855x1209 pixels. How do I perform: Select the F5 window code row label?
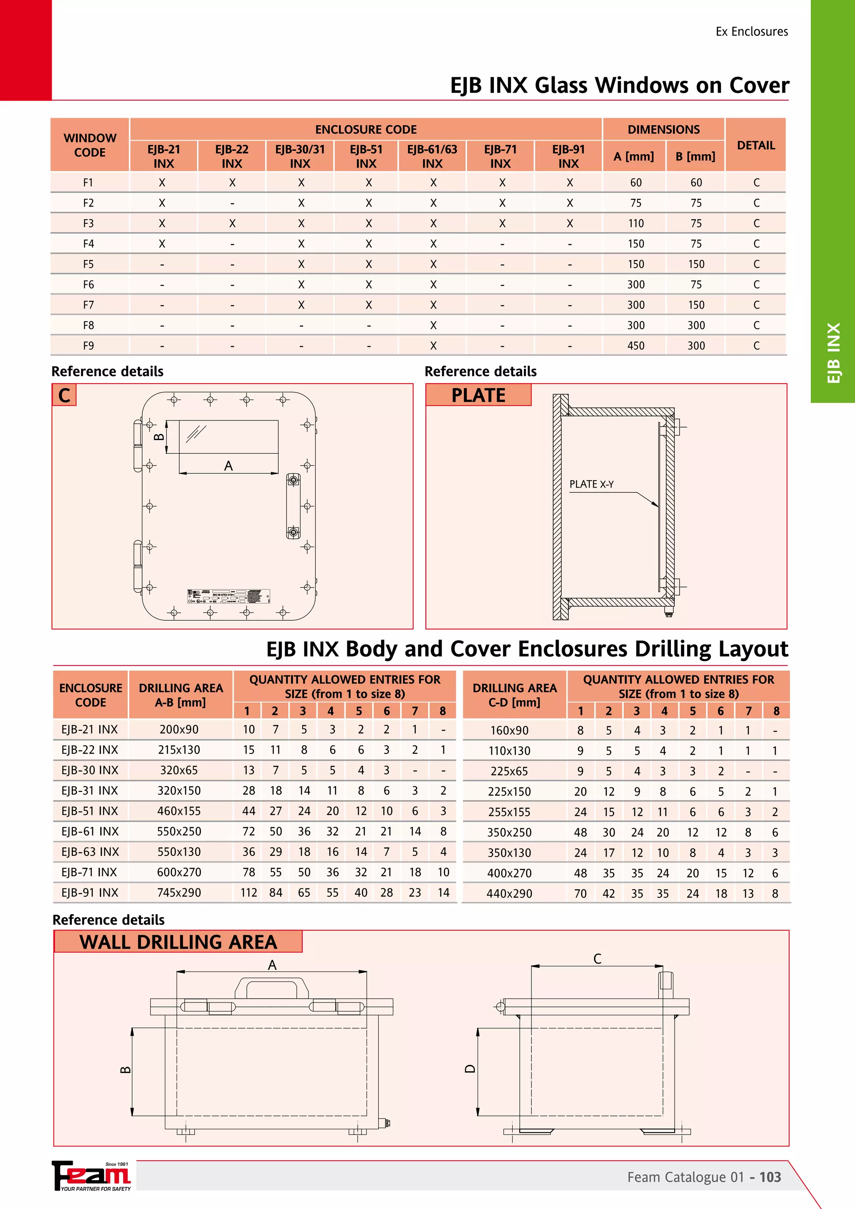(89, 264)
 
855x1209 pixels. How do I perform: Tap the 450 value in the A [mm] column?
(635, 346)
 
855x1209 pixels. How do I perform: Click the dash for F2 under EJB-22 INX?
(232, 204)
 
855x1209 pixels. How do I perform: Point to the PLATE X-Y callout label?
(591, 484)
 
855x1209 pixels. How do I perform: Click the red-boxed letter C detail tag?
(64, 395)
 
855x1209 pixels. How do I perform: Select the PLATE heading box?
(478, 395)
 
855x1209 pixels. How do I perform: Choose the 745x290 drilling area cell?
(179, 893)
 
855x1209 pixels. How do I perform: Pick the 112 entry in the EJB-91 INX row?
(248, 893)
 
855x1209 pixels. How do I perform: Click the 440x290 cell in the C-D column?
(509, 893)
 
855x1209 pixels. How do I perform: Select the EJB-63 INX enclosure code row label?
(90, 852)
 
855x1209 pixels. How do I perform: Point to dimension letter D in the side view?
(470, 1069)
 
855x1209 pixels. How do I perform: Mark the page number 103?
(770, 1177)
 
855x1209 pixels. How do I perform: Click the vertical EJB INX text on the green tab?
(833, 353)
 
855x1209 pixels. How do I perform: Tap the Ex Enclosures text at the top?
(751, 32)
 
